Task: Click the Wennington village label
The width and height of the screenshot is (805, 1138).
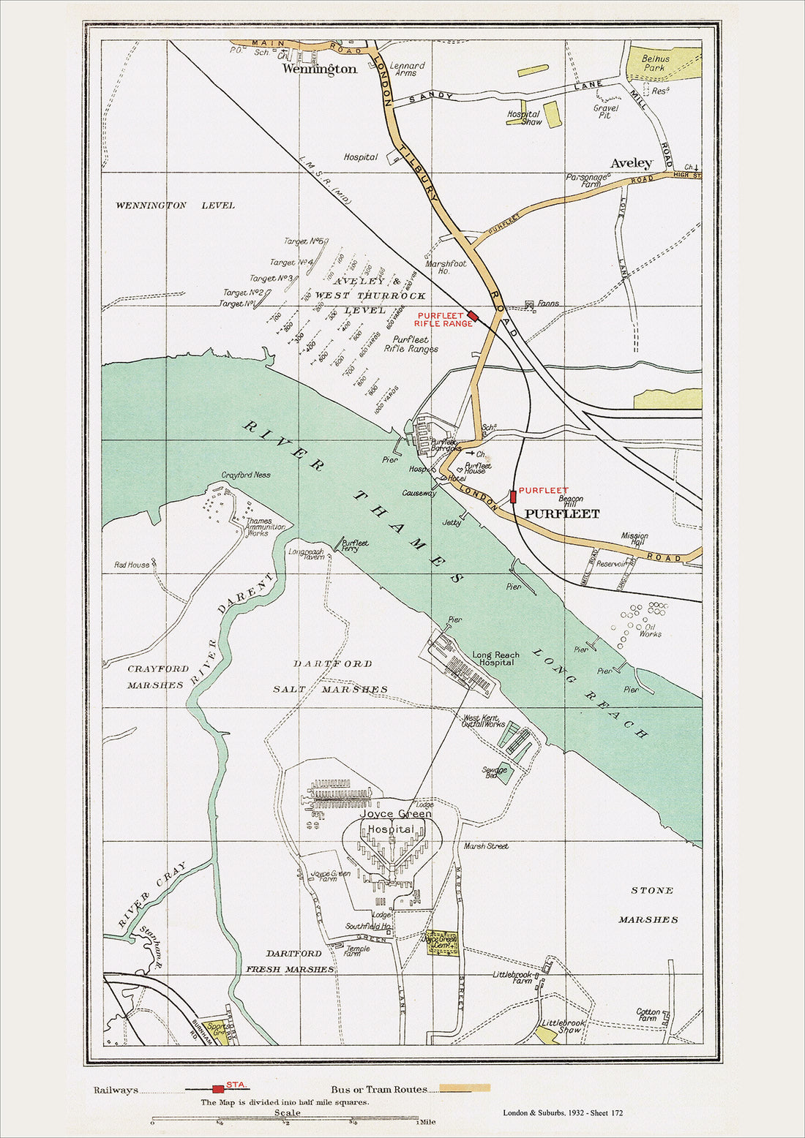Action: pos(320,69)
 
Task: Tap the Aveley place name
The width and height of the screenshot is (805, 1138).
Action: pos(631,163)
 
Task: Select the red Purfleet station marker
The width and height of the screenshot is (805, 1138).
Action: pos(513,497)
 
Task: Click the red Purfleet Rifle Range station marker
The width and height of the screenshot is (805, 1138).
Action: pos(473,316)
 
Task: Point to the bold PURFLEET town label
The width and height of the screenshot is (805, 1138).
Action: pos(562,514)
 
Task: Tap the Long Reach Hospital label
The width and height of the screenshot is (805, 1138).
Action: pos(495,659)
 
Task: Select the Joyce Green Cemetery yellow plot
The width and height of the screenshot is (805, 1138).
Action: pos(442,943)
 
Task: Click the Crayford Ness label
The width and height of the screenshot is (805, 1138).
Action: pos(246,475)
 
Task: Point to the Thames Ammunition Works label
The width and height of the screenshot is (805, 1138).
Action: pos(265,527)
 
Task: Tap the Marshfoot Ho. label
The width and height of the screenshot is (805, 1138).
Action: pos(446,267)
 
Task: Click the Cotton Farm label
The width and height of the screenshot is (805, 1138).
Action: pos(648,1014)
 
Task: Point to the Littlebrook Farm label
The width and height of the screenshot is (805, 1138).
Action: pos(512,978)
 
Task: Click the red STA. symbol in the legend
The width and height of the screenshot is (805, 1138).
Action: pos(218,1089)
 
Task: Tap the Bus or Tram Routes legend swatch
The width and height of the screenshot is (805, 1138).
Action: pos(459,1089)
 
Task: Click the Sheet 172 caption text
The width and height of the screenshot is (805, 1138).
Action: pos(563,1113)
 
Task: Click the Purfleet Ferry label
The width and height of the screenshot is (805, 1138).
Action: pos(355,546)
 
